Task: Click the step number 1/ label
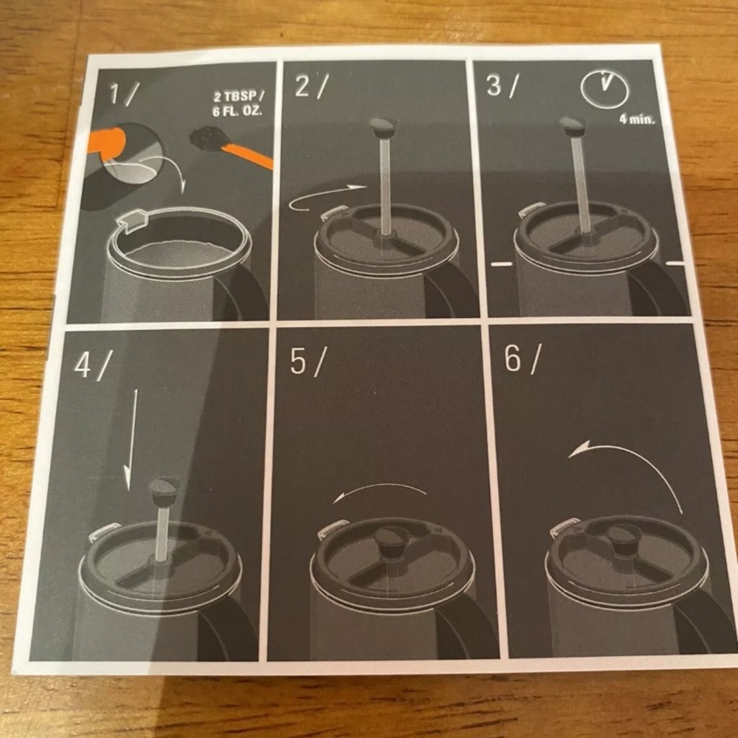click(123, 93)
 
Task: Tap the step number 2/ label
click(311, 86)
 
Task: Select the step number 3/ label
click(502, 86)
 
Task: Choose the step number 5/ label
click(307, 362)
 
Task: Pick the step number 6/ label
click(523, 359)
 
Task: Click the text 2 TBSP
click(238, 97)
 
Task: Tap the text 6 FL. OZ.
click(237, 112)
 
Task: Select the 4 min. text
click(637, 119)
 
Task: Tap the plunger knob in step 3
click(573, 125)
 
